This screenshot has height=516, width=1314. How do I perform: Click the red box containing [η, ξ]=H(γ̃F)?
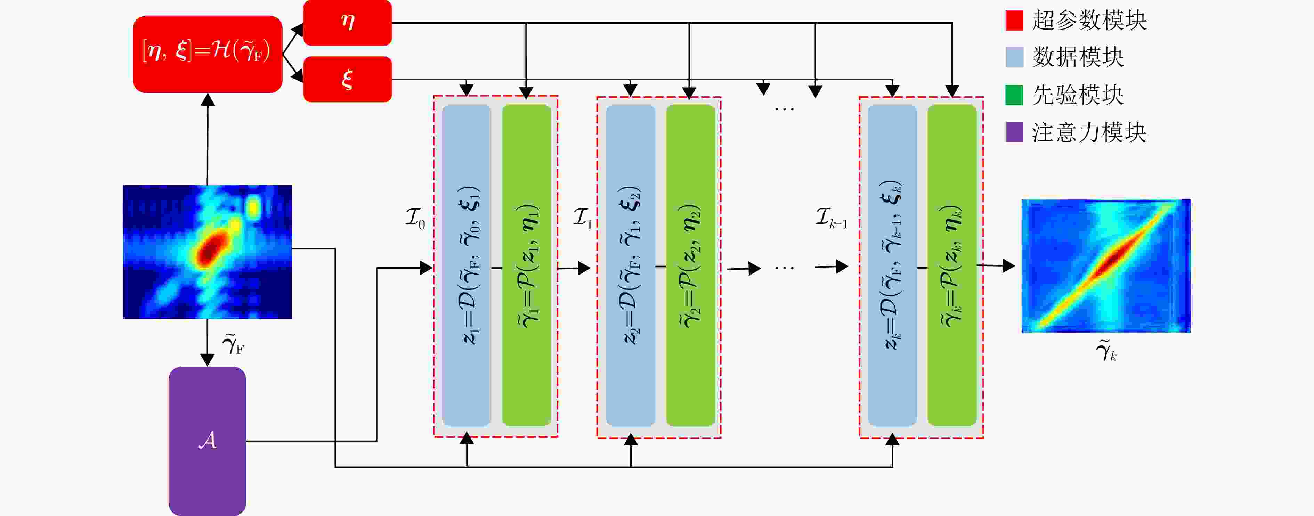(x=208, y=54)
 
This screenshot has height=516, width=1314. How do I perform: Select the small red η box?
(x=347, y=23)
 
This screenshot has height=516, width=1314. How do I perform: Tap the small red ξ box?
(x=347, y=79)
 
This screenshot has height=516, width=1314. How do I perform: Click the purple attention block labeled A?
(x=207, y=441)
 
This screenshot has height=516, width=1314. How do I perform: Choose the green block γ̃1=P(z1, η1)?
(x=526, y=265)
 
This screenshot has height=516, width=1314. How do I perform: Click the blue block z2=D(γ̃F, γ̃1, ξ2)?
(x=631, y=265)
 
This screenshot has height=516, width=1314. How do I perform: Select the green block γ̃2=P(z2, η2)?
(x=690, y=265)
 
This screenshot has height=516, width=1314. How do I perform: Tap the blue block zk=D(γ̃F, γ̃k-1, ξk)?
(x=892, y=265)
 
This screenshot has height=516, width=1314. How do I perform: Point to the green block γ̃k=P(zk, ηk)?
(x=952, y=265)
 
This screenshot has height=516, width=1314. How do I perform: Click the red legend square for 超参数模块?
(x=1014, y=21)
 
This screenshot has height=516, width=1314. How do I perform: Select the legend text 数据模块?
(x=1078, y=57)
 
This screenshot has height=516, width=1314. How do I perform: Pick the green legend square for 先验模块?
(x=1014, y=95)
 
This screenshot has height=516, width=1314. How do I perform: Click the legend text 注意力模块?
(x=1089, y=133)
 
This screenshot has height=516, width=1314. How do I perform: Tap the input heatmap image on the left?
(x=208, y=252)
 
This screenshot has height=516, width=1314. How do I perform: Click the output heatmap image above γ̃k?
(x=1106, y=266)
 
